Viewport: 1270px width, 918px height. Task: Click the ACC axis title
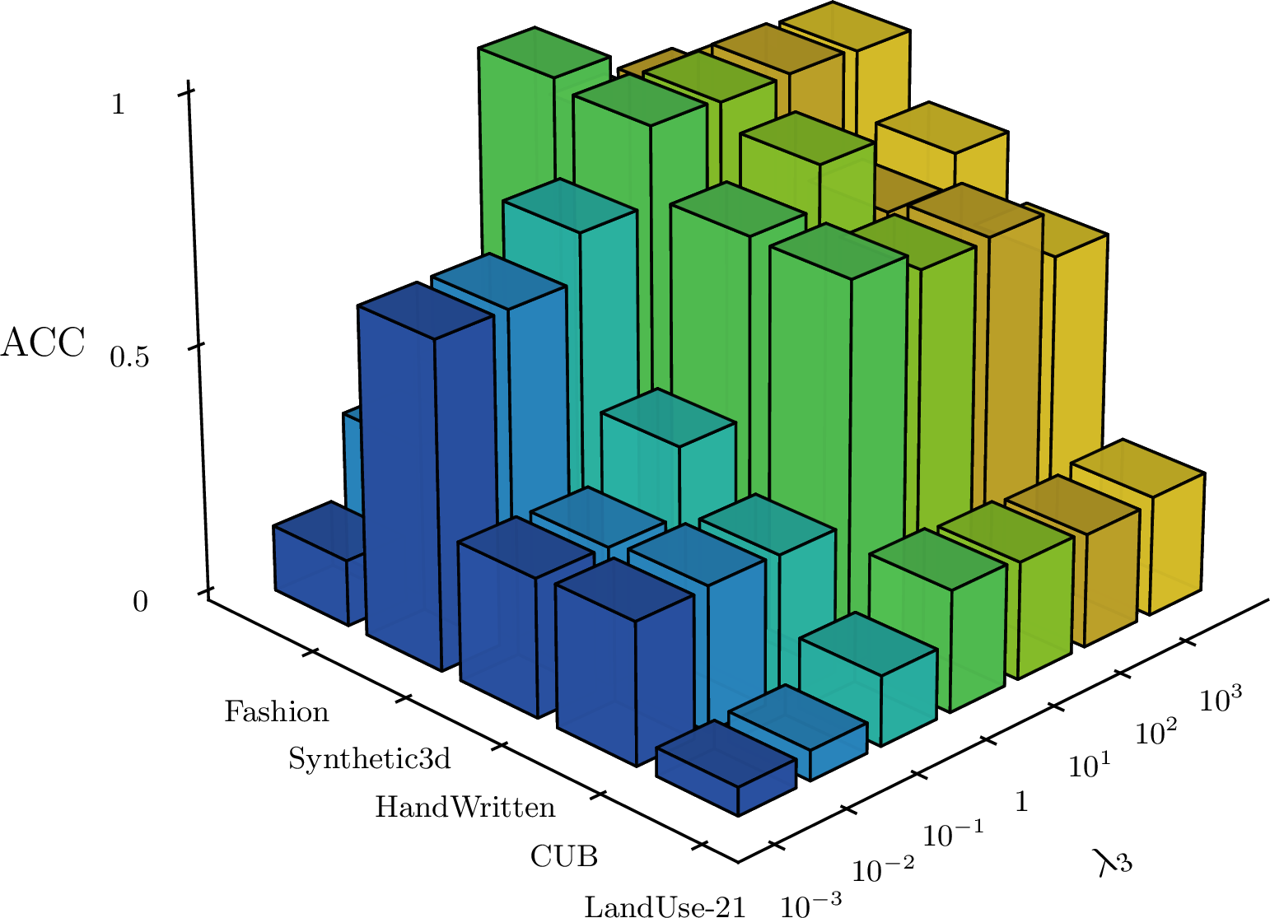(43, 343)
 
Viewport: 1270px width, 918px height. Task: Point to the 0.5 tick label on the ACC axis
(129, 357)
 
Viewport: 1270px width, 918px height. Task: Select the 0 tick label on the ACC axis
(140, 602)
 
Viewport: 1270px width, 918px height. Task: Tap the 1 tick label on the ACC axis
(118, 105)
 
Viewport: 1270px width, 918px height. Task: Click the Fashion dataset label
(277, 711)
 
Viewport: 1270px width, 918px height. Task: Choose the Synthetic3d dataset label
(370, 758)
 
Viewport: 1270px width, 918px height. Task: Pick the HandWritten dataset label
(465, 807)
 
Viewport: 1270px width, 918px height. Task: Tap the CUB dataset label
(564, 856)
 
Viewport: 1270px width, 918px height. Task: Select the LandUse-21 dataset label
(665, 906)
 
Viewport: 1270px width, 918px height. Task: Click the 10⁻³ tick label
(810, 903)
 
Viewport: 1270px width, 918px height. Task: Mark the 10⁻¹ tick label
(953, 834)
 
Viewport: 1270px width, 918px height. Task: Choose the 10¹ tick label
(1089, 766)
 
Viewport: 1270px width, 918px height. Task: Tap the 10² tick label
(1156, 732)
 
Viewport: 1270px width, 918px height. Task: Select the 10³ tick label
(1221, 698)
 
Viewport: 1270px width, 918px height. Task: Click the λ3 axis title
(1114, 862)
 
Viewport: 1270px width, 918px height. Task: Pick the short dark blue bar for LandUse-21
(726, 768)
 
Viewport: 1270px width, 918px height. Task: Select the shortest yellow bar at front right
(1137, 527)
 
